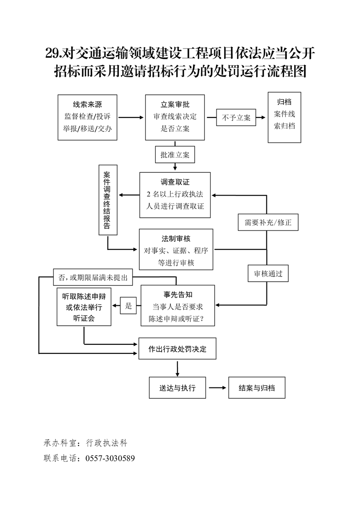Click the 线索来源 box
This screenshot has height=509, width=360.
pos(87,117)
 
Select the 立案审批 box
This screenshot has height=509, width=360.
pos(175,117)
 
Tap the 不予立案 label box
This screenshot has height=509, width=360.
pos(236,117)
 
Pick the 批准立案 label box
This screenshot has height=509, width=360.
pos(175,155)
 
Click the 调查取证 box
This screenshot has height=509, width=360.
pos(175,195)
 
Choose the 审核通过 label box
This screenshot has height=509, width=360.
pos(268,274)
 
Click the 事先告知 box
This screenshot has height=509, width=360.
pos(178,305)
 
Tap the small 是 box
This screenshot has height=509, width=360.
pos(128,306)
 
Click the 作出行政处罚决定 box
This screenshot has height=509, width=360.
pos(177,349)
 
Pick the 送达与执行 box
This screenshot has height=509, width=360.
pos(177,388)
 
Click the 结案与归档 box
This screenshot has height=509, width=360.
pos(256,388)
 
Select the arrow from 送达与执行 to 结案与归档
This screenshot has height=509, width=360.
pos(217,388)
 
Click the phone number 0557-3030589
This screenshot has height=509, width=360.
pos(110,458)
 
